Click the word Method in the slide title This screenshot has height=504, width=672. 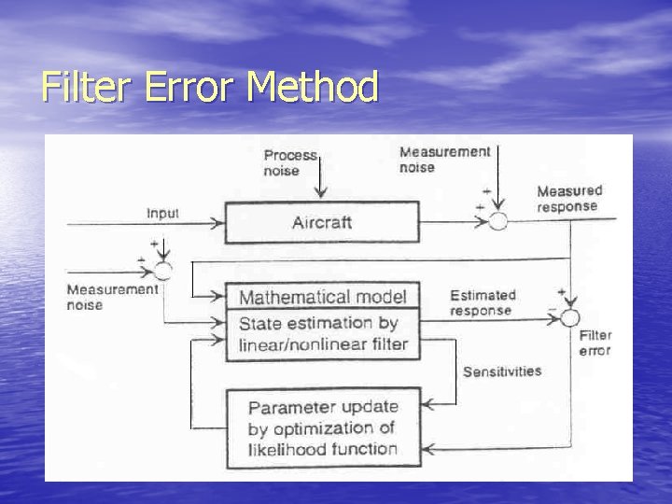click(x=314, y=88)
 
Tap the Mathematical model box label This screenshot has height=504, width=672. click(x=322, y=297)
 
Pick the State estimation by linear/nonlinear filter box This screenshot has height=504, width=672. click(x=322, y=335)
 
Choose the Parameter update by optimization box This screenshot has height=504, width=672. click(x=322, y=428)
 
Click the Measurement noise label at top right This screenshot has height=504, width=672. click(x=444, y=160)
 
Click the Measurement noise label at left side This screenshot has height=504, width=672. click(x=112, y=297)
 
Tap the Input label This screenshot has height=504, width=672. click(x=162, y=214)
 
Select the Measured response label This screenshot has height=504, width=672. click(x=569, y=199)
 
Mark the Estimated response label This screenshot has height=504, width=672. click(x=482, y=302)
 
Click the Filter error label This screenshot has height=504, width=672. click(x=595, y=343)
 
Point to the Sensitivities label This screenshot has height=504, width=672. click(x=502, y=371)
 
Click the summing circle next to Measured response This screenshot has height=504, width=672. click(x=498, y=221)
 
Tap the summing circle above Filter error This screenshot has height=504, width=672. click(x=569, y=318)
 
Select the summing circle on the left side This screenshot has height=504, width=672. click(x=162, y=271)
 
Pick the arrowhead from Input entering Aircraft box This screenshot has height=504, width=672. click(x=218, y=223)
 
